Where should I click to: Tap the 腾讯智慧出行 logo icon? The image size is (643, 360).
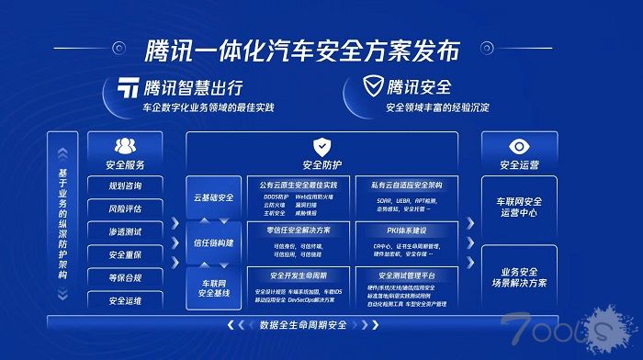click(128, 88)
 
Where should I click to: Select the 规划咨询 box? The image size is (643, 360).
click(125, 186)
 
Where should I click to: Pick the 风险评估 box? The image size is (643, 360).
click(125, 208)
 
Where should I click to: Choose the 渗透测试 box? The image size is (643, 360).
click(125, 231)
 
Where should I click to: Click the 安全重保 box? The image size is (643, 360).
click(125, 254)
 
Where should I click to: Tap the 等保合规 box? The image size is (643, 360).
click(125, 277)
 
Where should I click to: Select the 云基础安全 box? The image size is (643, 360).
click(213, 197)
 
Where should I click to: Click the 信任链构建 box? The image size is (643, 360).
click(213, 242)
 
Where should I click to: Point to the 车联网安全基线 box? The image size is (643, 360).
click(213, 287)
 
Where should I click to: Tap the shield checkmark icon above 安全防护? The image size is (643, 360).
click(321, 146)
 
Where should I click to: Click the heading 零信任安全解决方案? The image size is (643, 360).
click(299, 229)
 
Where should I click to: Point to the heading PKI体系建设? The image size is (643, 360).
click(405, 229)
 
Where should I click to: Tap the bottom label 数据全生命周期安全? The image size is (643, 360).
click(303, 324)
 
